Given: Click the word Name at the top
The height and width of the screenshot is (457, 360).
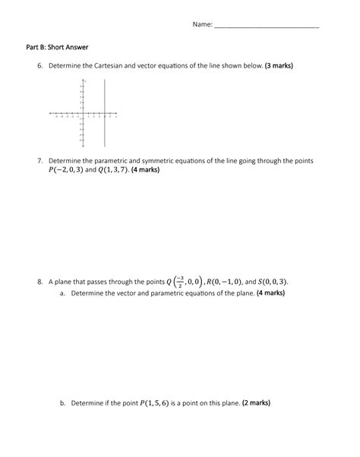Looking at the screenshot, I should pyautogui.click(x=201, y=24).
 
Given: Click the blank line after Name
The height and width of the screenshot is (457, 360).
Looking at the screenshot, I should pyautogui.click(x=267, y=26).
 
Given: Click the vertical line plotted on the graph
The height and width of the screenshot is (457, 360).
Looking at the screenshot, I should pyautogui.click(x=105, y=114).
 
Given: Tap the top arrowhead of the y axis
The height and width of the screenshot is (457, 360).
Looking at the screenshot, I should pyautogui.click(x=82, y=80).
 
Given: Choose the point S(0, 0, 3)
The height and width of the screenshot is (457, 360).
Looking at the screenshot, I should pyautogui.click(x=272, y=282).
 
